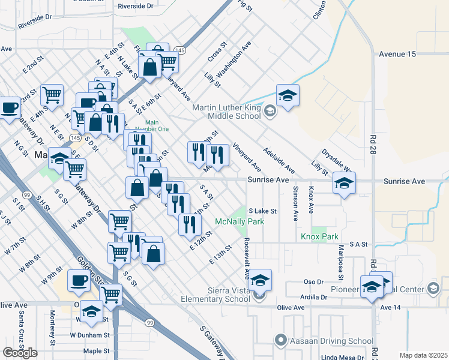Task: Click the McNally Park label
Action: (x=240, y=221)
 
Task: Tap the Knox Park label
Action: (x=320, y=237)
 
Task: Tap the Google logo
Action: (x=20, y=353)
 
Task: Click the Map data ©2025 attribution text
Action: (x=423, y=355)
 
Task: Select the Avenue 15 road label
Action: (x=397, y=54)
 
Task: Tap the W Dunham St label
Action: (x=90, y=335)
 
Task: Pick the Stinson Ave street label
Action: (x=295, y=203)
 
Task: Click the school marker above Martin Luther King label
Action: (x=288, y=96)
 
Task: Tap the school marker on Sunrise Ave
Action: (x=344, y=183)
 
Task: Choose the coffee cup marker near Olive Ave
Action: (x=78, y=280)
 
